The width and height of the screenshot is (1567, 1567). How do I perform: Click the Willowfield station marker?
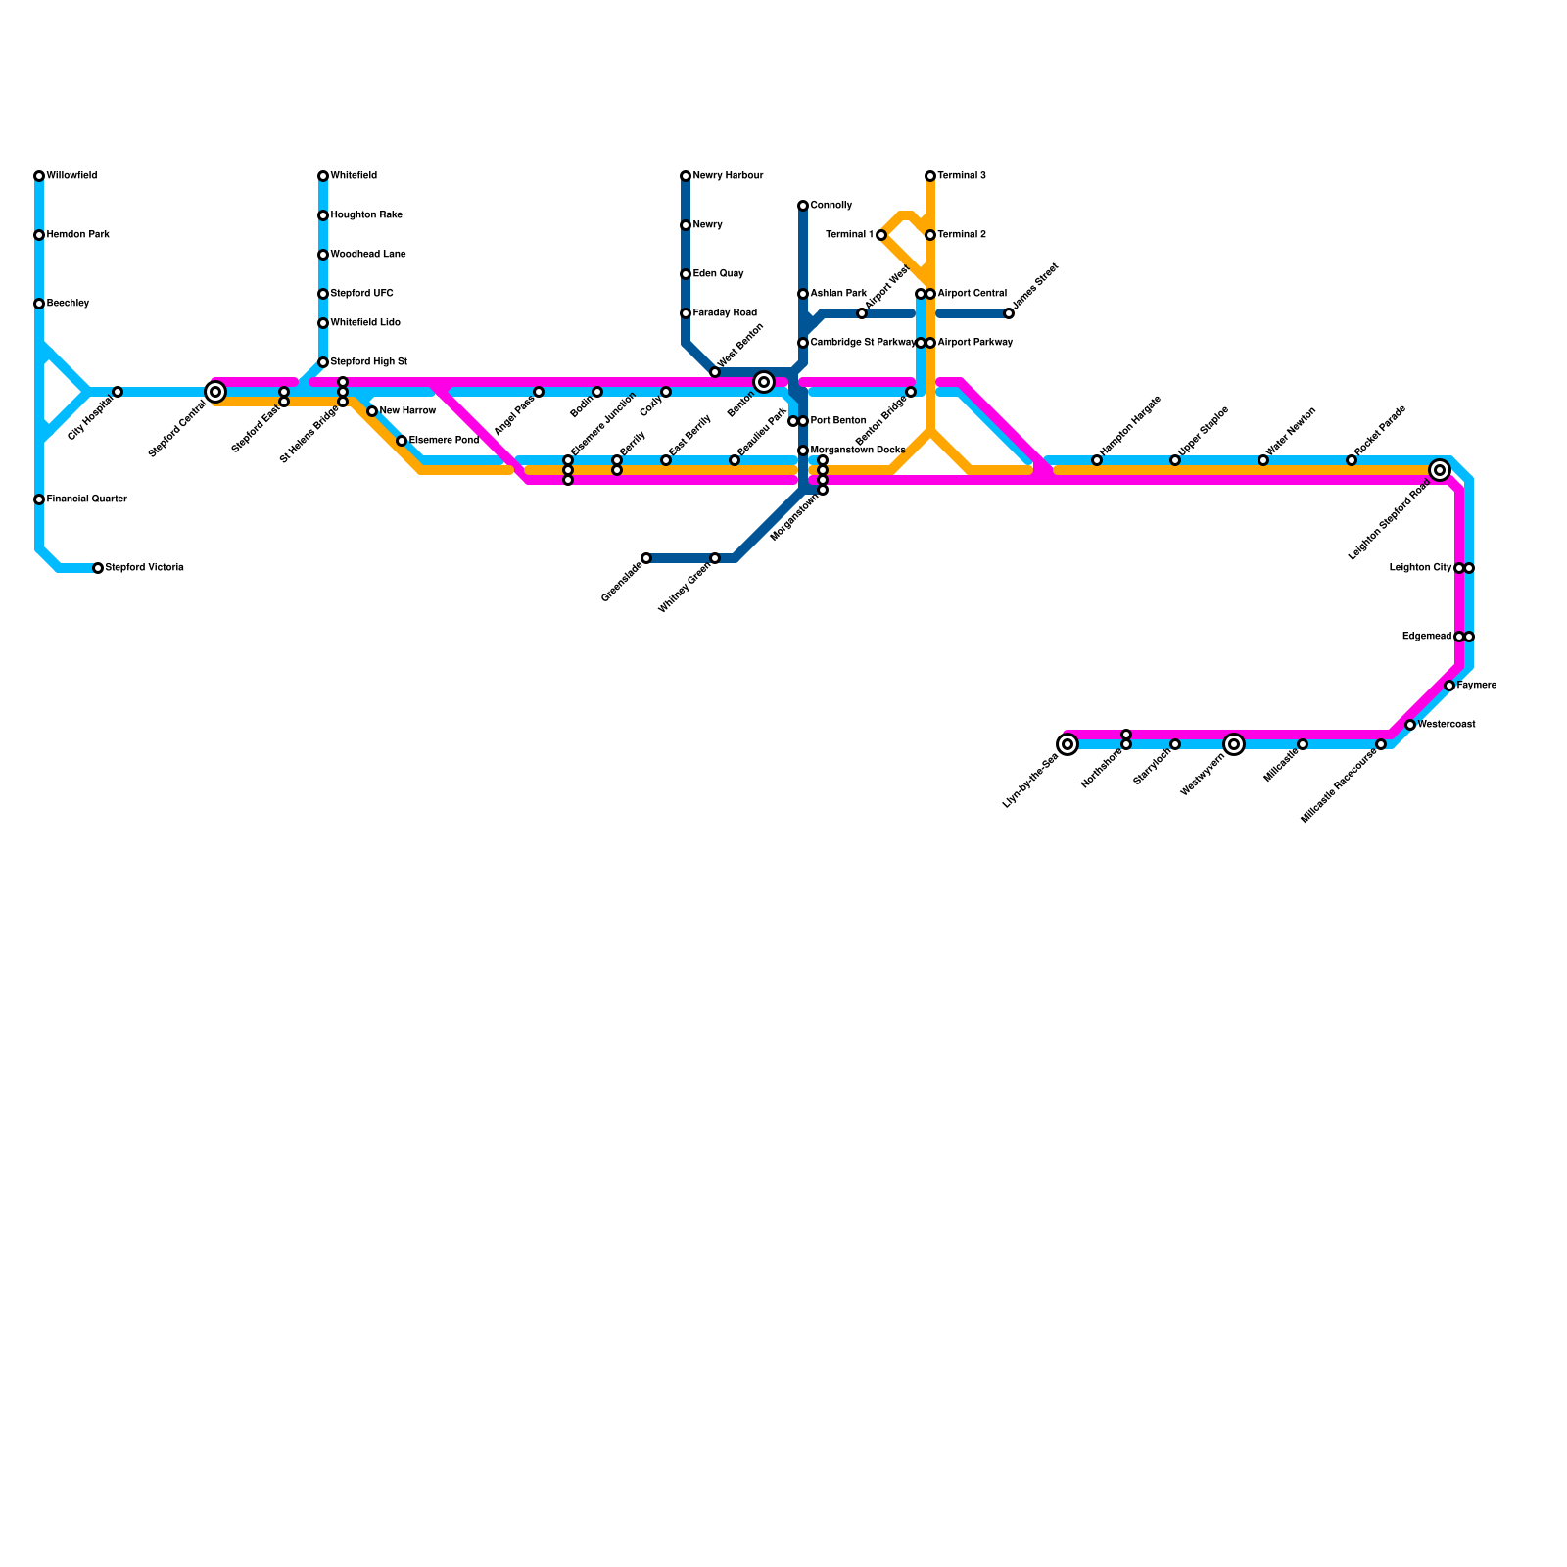[x=39, y=176]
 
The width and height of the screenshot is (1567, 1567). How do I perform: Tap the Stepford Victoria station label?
[x=144, y=568]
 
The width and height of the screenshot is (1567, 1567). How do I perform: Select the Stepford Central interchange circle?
[x=215, y=392]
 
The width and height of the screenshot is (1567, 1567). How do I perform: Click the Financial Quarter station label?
[x=86, y=499]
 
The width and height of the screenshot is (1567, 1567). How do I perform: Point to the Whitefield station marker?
[x=323, y=176]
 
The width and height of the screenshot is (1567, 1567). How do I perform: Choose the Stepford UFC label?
[x=361, y=294]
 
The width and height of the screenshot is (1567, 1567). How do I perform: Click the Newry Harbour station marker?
[x=686, y=176]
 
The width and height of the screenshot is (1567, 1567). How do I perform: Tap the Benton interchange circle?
[x=764, y=382]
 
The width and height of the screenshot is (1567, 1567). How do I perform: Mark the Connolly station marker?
[x=803, y=206]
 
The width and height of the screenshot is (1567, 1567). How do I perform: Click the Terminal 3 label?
[x=961, y=176]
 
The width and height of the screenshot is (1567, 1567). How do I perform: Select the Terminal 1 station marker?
[x=881, y=235]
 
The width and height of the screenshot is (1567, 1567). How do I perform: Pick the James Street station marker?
[x=1009, y=313]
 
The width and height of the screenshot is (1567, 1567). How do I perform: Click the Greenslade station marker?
[x=646, y=558]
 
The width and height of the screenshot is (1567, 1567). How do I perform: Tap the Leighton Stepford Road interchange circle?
[x=1439, y=470]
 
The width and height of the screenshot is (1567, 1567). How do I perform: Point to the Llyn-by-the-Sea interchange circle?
[x=1068, y=744]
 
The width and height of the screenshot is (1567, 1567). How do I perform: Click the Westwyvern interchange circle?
[x=1234, y=744]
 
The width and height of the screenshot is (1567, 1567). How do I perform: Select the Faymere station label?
[x=1476, y=686]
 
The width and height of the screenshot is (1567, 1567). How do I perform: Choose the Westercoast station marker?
[x=1410, y=725]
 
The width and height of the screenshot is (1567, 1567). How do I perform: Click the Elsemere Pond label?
[x=444, y=441]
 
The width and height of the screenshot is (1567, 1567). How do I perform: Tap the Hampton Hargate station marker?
[x=1097, y=460]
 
